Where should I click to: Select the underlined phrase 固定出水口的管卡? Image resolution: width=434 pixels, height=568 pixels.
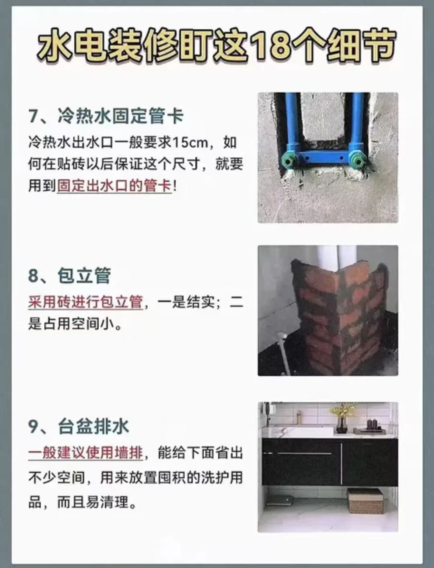[x=115, y=186]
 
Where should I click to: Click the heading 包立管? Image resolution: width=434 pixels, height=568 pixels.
[x=84, y=275]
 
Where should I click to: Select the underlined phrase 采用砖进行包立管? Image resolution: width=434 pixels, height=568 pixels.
[x=86, y=302]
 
